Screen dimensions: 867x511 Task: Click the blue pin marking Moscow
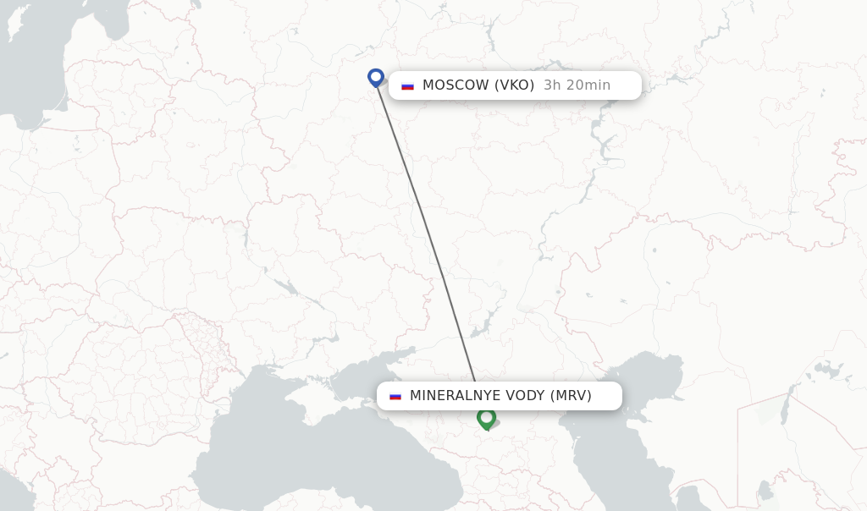(376, 77)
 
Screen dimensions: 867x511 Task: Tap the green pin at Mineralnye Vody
(486, 417)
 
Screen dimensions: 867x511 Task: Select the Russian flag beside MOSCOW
(407, 85)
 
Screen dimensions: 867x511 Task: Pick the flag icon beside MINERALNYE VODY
(395, 396)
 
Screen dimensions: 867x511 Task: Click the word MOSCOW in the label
(456, 85)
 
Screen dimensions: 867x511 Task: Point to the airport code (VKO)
(515, 85)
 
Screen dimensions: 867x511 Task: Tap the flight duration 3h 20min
(577, 85)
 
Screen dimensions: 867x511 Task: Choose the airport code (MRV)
(572, 395)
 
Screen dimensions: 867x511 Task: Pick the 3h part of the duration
(552, 85)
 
